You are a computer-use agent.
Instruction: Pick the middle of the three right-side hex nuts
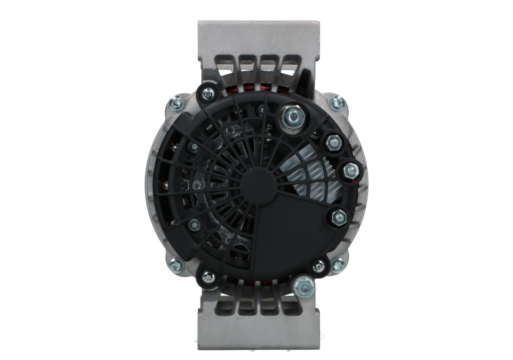coord(350,170)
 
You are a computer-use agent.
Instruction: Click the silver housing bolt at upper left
coord(176,101)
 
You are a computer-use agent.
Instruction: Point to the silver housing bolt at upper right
coord(335,101)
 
